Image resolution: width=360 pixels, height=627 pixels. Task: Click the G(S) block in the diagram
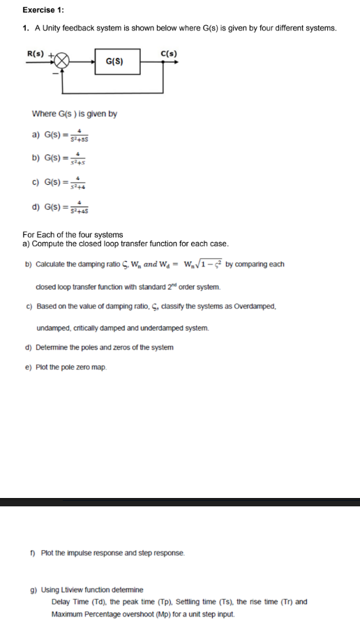[x=114, y=61]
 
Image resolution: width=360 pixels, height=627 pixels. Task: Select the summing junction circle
[x=62, y=61]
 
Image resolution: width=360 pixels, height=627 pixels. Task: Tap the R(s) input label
[x=35, y=53]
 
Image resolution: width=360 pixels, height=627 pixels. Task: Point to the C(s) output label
[x=168, y=53]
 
